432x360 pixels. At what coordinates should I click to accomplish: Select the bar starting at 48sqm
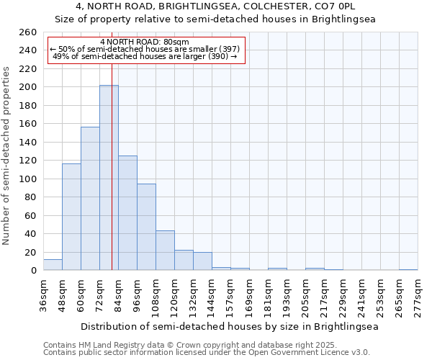[71, 217]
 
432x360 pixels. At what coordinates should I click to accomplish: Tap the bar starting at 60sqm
[90, 199]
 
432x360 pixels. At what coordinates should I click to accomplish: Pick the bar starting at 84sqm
[127, 213]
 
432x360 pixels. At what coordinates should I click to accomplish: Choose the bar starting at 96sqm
[146, 227]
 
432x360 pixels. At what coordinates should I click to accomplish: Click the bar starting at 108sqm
[165, 251]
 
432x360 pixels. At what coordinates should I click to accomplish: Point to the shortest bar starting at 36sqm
[53, 265]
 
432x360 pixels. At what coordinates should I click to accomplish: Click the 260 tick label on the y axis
[27, 32]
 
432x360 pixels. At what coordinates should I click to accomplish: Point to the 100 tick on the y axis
[27, 179]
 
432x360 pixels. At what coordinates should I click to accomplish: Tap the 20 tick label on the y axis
[30, 252]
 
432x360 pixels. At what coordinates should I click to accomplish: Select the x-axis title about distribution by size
[230, 326]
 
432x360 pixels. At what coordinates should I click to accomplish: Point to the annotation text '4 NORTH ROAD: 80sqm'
[145, 42]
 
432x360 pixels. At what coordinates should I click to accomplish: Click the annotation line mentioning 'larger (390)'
[145, 57]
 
